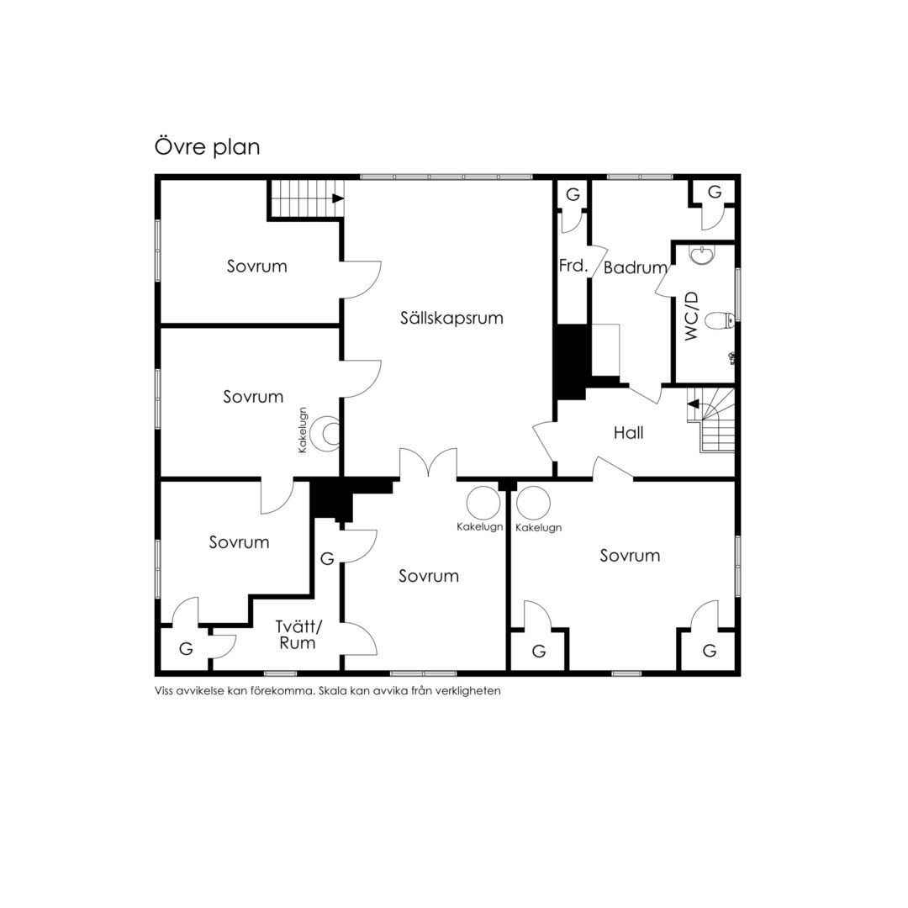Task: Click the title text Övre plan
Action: tap(207, 147)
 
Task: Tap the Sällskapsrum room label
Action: tap(451, 318)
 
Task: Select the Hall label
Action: tap(628, 433)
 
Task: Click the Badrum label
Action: tap(636, 267)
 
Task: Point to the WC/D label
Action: tap(692, 316)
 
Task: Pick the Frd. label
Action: tap(573, 266)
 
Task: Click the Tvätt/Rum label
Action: tap(298, 635)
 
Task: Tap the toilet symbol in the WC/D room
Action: tap(721, 319)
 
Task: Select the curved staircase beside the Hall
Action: tap(711, 420)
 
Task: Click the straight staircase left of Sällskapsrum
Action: tap(305, 198)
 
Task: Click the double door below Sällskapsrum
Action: tap(428, 462)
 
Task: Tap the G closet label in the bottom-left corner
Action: tap(186, 649)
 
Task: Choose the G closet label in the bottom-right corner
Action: tap(710, 651)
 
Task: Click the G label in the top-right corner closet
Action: tap(715, 193)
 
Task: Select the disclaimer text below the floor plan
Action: tap(328, 691)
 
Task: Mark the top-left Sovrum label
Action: tap(257, 267)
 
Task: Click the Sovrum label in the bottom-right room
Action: tap(630, 556)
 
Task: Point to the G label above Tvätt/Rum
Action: tap(327, 559)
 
